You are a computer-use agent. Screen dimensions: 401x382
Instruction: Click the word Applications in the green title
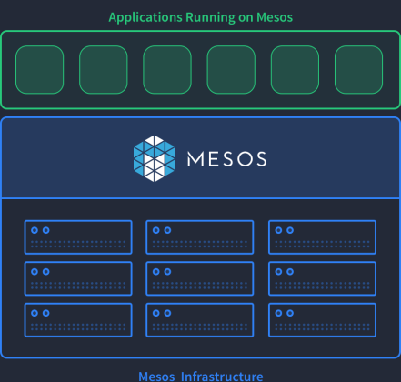point(145,17)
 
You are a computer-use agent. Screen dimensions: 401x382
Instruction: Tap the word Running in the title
point(210,17)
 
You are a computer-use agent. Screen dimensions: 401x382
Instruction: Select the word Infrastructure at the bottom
point(222,377)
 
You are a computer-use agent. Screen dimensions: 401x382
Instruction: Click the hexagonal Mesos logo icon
point(155,158)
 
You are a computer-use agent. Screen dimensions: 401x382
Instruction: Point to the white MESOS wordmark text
point(227,159)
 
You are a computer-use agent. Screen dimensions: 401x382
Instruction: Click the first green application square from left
point(40,70)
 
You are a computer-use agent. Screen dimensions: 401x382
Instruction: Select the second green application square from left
point(104,70)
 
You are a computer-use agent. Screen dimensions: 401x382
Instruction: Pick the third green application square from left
point(167,70)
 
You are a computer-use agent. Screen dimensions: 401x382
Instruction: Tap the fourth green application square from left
point(231,70)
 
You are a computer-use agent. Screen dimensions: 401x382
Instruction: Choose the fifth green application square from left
point(295,70)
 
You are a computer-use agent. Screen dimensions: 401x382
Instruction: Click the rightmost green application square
point(359,70)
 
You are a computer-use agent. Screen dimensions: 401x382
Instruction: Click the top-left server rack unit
point(78,237)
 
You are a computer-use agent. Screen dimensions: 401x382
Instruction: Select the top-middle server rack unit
point(200,237)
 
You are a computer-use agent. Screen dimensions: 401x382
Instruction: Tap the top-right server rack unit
point(322,237)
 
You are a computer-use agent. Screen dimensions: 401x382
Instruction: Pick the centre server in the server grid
point(200,278)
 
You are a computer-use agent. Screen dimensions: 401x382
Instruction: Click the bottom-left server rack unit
point(78,320)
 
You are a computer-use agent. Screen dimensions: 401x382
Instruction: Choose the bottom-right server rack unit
point(322,320)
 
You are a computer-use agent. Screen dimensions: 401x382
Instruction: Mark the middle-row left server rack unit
point(78,278)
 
